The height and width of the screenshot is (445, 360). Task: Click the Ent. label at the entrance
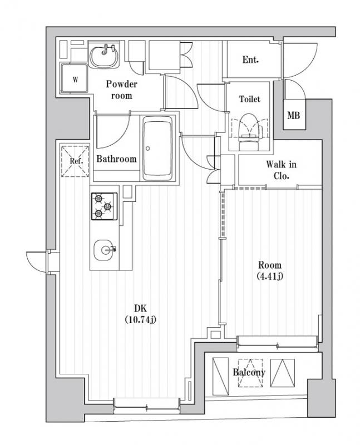(250, 60)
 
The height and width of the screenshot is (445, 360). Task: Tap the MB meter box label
(294, 115)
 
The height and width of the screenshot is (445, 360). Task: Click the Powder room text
(121, 90)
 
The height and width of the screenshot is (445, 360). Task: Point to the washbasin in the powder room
(104, 55)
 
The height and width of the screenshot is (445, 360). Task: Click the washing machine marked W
(75, 78)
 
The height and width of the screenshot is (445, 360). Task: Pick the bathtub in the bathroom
(157, 149)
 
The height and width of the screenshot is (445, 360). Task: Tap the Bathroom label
(116, 159)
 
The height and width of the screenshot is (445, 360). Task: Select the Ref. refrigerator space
(75, 161)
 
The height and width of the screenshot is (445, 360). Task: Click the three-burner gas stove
(104, 206)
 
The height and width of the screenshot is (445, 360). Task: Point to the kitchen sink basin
(103, 250)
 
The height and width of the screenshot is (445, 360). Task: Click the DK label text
(141, 308)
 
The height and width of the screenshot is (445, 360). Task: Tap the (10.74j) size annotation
(141, 320)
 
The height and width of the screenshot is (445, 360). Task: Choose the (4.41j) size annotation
(270, 276)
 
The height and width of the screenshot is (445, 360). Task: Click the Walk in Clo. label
(281, 170)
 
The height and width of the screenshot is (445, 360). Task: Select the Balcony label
(249, 372)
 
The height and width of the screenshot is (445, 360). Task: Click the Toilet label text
(250, 99)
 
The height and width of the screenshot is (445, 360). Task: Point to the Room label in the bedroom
(270, 265)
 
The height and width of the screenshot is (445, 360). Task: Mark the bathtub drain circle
(147, 148)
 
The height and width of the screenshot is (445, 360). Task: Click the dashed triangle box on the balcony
(250, 373)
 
